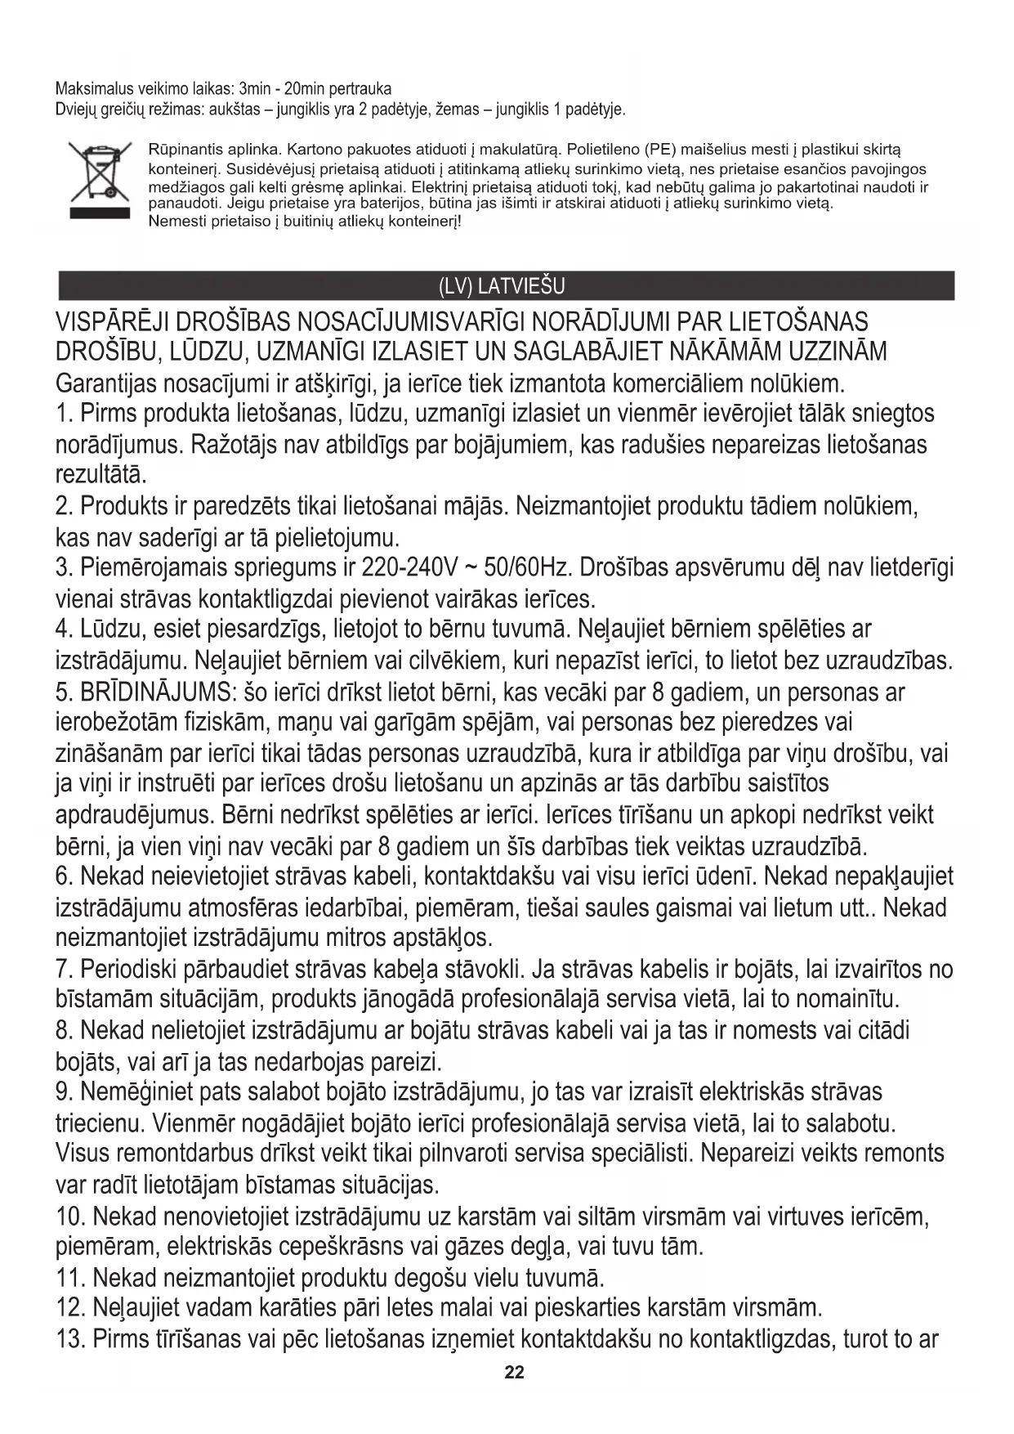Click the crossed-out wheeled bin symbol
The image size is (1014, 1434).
point(99,181)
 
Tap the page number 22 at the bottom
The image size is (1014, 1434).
point(514,1373)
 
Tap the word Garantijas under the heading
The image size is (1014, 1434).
point(107,383)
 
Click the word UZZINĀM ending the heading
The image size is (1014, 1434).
point(837,352)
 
